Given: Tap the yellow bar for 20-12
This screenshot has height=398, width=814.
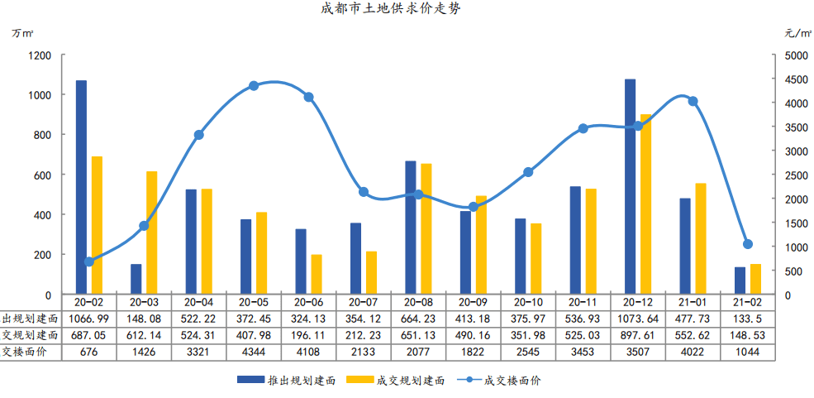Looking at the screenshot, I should point(645,204).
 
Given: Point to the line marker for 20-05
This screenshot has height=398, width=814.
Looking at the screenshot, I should point(254,86).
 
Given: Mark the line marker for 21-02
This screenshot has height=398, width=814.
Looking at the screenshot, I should point(747,244).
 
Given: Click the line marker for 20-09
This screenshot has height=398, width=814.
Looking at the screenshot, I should point(473,207).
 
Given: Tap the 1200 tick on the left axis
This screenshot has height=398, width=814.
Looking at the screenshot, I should point(40,55).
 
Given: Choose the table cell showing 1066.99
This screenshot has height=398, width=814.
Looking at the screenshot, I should point(88,319).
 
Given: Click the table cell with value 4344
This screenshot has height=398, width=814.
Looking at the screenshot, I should point(253,352).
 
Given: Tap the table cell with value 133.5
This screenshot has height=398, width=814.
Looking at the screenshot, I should point(747,319).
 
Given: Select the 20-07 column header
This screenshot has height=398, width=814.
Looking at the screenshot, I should point(363,303).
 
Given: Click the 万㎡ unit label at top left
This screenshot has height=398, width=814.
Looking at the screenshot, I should point(22,35).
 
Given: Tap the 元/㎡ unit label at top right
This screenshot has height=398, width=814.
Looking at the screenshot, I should point(796,35).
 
